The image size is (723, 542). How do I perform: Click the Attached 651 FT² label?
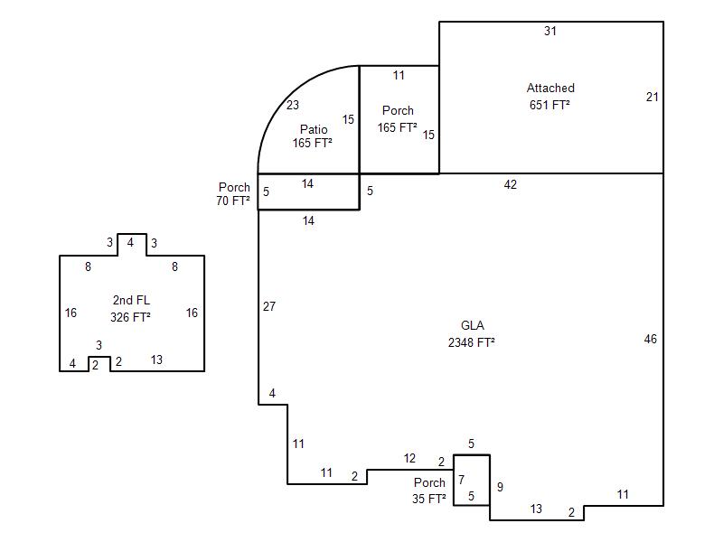click(x=550, y=97)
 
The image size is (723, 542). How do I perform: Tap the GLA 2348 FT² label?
click(x=472, y=333)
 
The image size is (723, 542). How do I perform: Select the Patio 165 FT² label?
click(x=313, y=136)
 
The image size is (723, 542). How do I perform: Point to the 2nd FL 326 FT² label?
click(x=131, y=308)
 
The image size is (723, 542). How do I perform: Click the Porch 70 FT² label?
click(x=233, y=193)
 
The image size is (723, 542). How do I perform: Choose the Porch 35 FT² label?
click(x=429, y=491)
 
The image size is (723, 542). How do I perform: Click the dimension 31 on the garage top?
click(x=550, y=31)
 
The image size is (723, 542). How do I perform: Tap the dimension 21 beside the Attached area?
click(x=652, y=97)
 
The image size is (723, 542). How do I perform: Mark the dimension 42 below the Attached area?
click(x=510, y=184)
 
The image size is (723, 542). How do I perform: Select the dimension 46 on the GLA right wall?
click(x=650, y=340)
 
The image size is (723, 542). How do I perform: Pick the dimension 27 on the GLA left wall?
click(x=269, y=306)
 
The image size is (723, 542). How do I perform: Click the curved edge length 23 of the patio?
click(x=293, y=105)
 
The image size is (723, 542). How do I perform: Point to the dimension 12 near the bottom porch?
click(x=409, y=458)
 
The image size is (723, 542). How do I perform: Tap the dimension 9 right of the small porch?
click(x=500, y=487)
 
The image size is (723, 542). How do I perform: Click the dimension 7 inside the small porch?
click(x=461, y=480)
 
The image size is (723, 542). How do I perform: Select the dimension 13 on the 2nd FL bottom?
click(x=156, y=360)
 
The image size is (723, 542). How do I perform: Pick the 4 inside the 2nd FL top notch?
click(x=130, y=242)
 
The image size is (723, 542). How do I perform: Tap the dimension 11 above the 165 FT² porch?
click(x=399, y=75)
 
